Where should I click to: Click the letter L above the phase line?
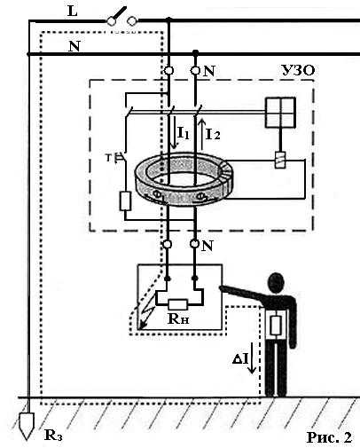click(73, 12)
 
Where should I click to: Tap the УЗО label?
click(298, 70)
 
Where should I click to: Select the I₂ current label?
click(213, 134)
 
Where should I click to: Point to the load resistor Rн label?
click(178, 318)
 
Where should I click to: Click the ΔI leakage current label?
click(240, 358)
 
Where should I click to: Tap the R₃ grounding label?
click(53, 435)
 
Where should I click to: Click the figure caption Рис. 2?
click(330, 437)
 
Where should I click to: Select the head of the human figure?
click(276, 283)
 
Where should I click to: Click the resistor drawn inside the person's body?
click(276, 326)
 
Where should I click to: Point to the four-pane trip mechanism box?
click(280, 113)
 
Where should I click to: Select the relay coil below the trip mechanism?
click(280, 160)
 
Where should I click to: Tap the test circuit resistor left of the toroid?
click(125, 201)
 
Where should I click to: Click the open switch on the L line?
click(121, 18)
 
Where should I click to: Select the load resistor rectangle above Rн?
click(177, 304)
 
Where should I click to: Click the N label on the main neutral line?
click(74, 46)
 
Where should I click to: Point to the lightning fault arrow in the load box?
click(146, 314)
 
